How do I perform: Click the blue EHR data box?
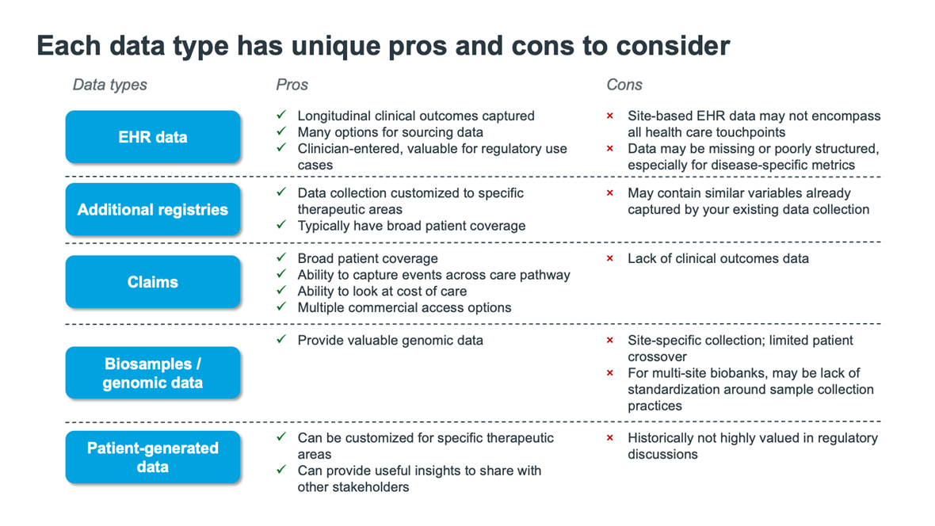coord(153,136)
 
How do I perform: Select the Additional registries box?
coord(153,209)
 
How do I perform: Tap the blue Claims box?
coord(153,282)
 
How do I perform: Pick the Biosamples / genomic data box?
coord(153,373)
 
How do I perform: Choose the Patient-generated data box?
coord(153,457)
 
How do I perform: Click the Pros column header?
coord(292,85)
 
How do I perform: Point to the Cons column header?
coord(624,85)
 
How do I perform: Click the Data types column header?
coord(109,85)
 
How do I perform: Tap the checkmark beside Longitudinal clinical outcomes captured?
coord(281,115)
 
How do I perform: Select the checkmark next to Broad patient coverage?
coord(281,257)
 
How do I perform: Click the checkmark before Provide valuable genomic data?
coord(281,339)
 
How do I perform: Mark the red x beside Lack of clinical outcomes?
coord(610,258)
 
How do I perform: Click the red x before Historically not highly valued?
coord(610,438)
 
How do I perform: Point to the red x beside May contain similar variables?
coord(610,192)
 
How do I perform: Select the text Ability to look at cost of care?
coord(382,291)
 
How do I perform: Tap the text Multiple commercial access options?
coord(404,307)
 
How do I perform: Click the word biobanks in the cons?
coord(746,373)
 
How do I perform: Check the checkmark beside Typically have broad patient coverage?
coord(281,224)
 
